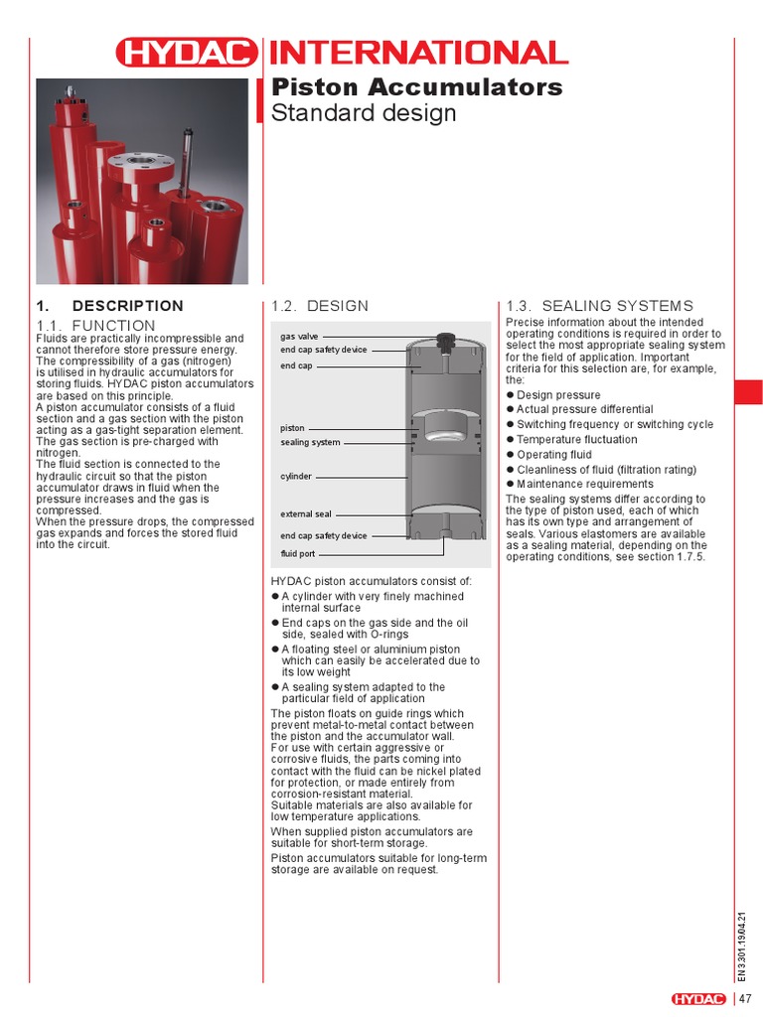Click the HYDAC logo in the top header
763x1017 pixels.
click(185, 53)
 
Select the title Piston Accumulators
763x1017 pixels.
click(417, 86)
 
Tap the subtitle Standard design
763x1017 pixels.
click(365, 113)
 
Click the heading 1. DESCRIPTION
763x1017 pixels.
click(109, 306)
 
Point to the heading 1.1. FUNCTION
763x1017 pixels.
click(95, 326)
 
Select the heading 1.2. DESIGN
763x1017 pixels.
click(319, 306)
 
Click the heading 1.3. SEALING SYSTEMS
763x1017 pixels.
click(600, 306)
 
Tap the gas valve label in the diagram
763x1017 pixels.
click(299, 337)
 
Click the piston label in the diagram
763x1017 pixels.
click(292, 428)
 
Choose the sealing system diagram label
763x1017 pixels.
click(310, 442)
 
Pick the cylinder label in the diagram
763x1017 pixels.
click(296, 477)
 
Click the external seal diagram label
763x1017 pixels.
click(306, 514)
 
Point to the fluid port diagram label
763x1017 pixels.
click(297, 553)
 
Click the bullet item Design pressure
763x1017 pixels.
click(558, 395)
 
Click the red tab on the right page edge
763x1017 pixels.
click(748, 391)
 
